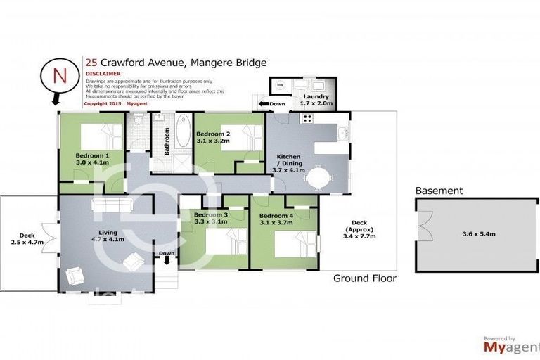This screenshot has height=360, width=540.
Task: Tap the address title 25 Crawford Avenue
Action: pyautogui.click(x=175, y=63)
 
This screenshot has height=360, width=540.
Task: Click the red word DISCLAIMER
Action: pyautogui.click(x=102, y=72)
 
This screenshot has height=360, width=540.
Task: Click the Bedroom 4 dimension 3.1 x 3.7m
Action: pyautogui.click(x=276, y=222)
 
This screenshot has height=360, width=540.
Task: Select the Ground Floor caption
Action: pyautogui.click(x=364, y=278)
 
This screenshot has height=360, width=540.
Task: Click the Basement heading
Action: pyautogui.click(x=439, y=191)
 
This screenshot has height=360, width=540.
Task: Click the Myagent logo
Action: pyautogui.click(x=508, y=347)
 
